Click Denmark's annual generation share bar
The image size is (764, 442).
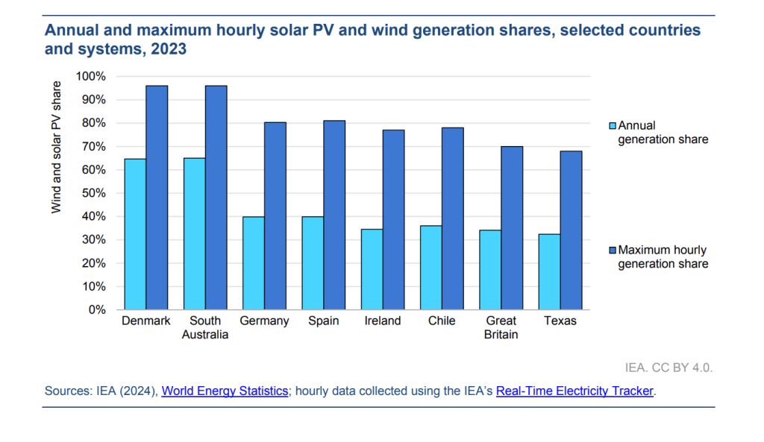[x=135, y=234]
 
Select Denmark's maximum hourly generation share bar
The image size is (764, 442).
[x=157, y=198]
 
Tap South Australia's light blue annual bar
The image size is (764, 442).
[x=194, y=234]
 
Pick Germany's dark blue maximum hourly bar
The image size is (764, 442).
[x=275, y=216]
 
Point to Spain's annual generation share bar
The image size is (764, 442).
[x=313, y=263]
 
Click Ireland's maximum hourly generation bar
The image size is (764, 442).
[x=393, y=220]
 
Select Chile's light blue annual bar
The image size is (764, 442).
[x=431, y=268]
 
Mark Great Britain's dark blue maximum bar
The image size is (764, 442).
[x=512, y=228]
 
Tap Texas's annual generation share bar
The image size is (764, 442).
[x=549, y=272]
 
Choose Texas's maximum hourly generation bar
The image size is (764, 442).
[x=571, y=230]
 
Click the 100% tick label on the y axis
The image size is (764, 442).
[x=92, y=77]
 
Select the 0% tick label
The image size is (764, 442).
[x=98, y=310]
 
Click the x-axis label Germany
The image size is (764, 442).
[x=264, y=321]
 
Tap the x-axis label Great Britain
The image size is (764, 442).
[x=501, y=328]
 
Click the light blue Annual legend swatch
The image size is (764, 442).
[x=613, y=126]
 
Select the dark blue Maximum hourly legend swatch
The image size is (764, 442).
[x=613, y=250]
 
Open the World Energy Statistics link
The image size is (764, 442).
[x=225, y=391]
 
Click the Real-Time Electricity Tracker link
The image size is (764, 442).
[x=574, y=391]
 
